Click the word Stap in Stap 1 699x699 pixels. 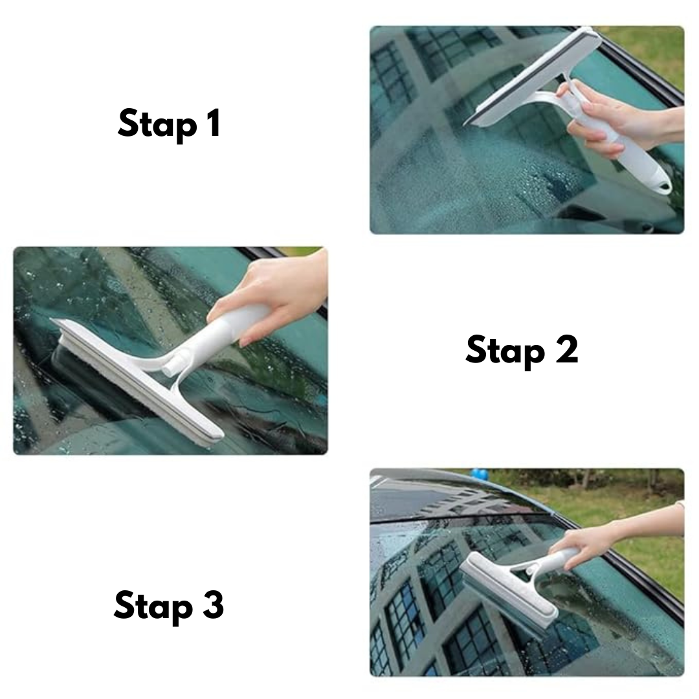[x=156, y=124]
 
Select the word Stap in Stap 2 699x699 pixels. [x=504, y=351]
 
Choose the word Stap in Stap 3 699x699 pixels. [x=153, y=606]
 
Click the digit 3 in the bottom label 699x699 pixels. [x=211, y=605]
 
